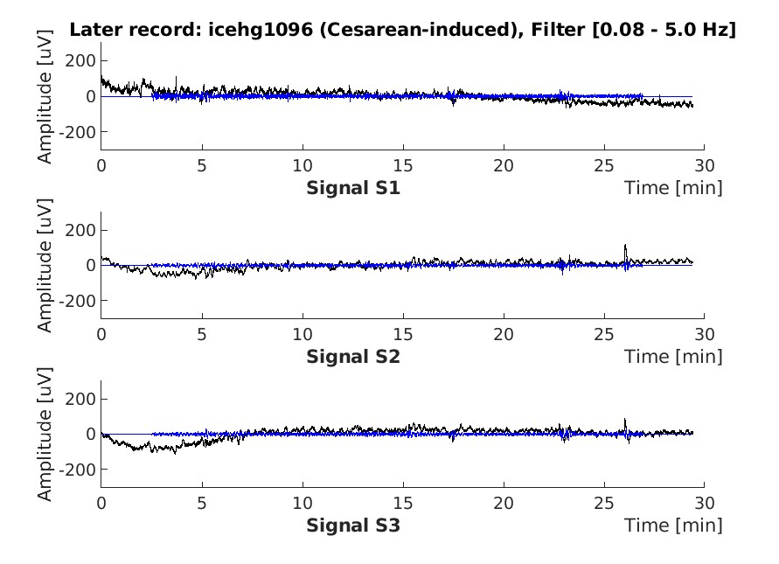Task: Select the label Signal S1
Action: pyautogui.click(x=353, y=188)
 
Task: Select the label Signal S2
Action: pyautogui.click(x=353, y=357)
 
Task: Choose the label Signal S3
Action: pyautogui.click(x=353, y=526)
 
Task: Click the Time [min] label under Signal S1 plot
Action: pyautogui.click(x=673, y=188)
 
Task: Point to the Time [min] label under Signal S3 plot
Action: pyautogui.click(x=673, y=526)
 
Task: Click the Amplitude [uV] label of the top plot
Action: pyautogui.click(x=45, y=96)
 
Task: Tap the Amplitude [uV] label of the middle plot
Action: pyautogui.click(x=45, y=265)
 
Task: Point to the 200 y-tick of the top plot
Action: pyautogui.click(x=84, y=61)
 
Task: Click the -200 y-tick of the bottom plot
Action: pyautogui.click(x=80, y=470)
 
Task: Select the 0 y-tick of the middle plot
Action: pyautogui.click(x=91, y=265)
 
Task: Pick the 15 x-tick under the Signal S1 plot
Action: pyautogui.click(x=402, y=164)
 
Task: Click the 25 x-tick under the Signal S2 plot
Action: pyautogui.click(x=603, y=332)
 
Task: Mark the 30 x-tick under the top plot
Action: pyautogui.click(x=704, y=164)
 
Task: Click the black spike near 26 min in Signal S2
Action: pyautogui.click(x=625, y=248)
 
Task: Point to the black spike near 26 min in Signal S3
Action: pyautogui.click(x=625, y=422)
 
